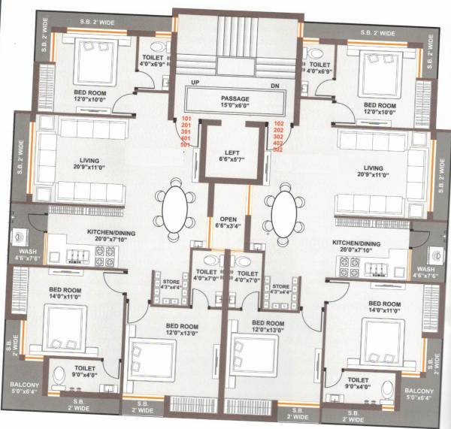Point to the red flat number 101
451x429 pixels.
pos(186,120)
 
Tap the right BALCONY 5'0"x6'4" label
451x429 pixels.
pos(419,394)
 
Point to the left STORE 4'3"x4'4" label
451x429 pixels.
pos(171,285)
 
